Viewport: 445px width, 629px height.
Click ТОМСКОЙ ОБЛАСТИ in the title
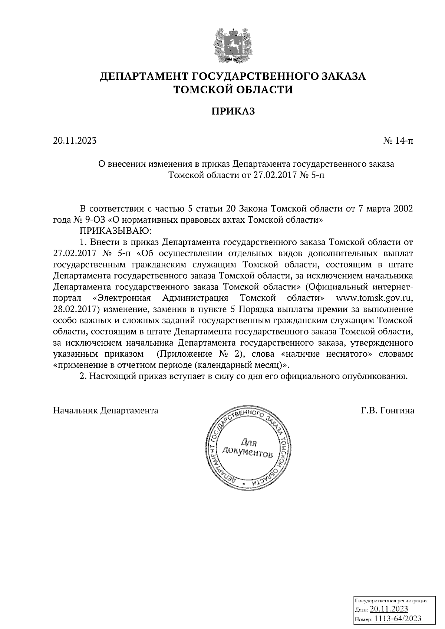233,90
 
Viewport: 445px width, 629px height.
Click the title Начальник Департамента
106,410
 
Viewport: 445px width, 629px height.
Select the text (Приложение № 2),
200,354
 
